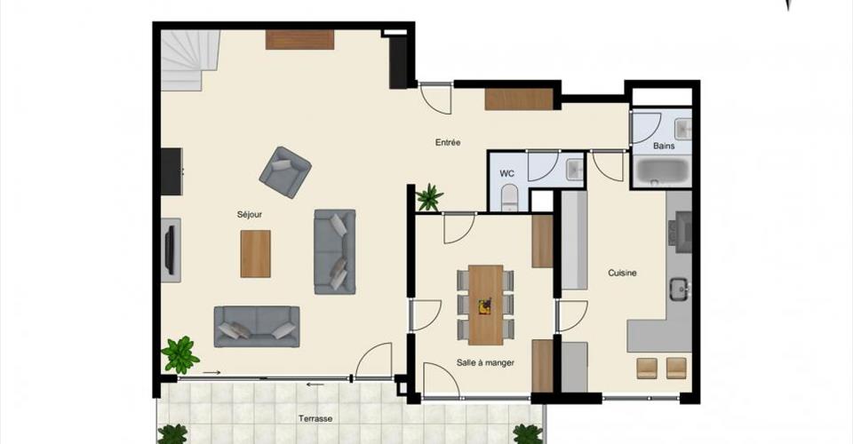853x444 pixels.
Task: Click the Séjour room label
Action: click(x=249, y=215)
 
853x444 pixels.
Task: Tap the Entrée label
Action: click(x=448, y=142)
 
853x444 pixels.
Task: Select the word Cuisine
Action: click(x=622, y=273)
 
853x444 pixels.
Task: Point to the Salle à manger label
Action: click(x=485, y=362)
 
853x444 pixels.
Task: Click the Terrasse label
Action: click(x=315, y=418)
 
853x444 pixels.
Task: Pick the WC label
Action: click(x=506, y=174)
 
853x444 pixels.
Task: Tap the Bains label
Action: click(x=664, y=146)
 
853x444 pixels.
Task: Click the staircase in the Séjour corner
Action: click(x=190, y=59)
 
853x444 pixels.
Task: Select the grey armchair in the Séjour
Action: click(x=285, y=171)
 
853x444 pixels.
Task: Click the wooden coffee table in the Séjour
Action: click(x=256, y=254)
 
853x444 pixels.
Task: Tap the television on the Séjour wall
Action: click(x=170, y=250)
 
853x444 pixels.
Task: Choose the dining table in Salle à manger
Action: click(x=485, y=305)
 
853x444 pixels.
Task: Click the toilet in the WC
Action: click(x=509, y=197)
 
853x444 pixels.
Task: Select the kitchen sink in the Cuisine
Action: click(x=679, y=289)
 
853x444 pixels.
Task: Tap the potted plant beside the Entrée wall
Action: click(x=430, y=197)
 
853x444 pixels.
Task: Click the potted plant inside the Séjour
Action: click(x=180, y=354)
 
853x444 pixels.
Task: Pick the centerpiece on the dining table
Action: click(x=484, y=307)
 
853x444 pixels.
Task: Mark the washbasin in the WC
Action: click(x=575, y=170)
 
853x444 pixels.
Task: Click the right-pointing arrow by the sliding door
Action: click(x=211, y=373)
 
